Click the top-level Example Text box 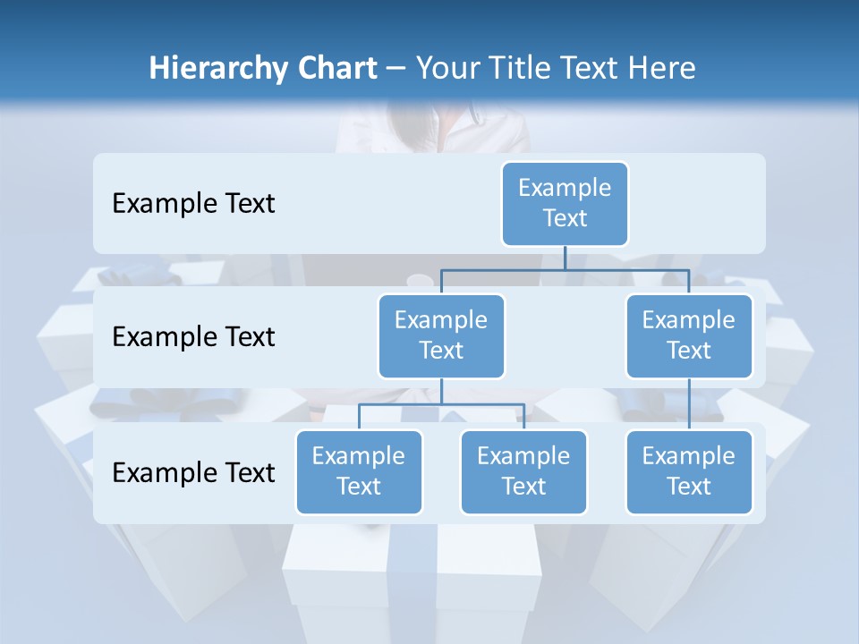click(x=565, y=203)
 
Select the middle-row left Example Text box click(x=441, y=335)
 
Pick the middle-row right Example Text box click(x=689, y=335)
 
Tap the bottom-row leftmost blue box click(x=359, y=471)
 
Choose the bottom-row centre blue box click(x=523, y=471)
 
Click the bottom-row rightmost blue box click(x=689, y=471)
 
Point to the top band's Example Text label click(x=193, y=204)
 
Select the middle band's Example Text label click(x=193, y=337)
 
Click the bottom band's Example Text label click(x=193, y=472)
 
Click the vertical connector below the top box click(x=565, y=258)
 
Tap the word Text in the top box click(x=565, y=218)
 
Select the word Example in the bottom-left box click(x=359, y=456)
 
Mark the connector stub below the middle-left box click(x=441, y=391)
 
